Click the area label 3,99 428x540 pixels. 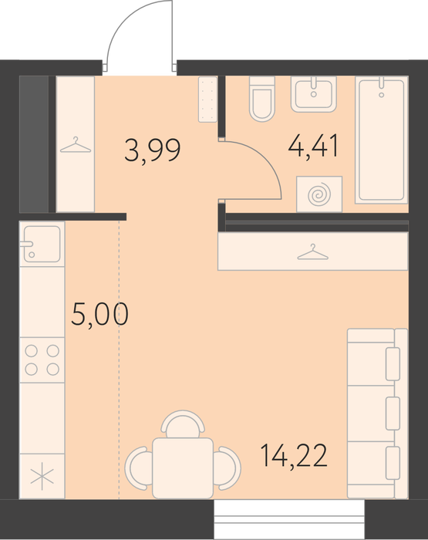(x=152, y=150)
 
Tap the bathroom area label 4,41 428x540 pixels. (x=313, y=146)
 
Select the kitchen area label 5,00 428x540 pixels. (x=99, y=314)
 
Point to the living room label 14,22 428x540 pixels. (x=294, y=455)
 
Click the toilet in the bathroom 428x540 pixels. (x=262, y=99)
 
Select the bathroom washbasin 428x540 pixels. (x=313, y=94)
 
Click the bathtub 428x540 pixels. (x=382, y=140)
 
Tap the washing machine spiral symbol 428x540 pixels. (x=319, y=194)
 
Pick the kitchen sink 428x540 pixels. (x=42, y=244)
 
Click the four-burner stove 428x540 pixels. (x=42, y=360)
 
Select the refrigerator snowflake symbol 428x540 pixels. (x=42, y=476)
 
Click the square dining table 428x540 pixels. (x=183, y=468)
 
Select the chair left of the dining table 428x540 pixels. (x=138, y=468)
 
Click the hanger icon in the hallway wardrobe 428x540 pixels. (x=76, y=145)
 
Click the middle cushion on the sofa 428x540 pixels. (x=393, y=413)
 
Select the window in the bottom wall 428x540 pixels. (x=289, y=520)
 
